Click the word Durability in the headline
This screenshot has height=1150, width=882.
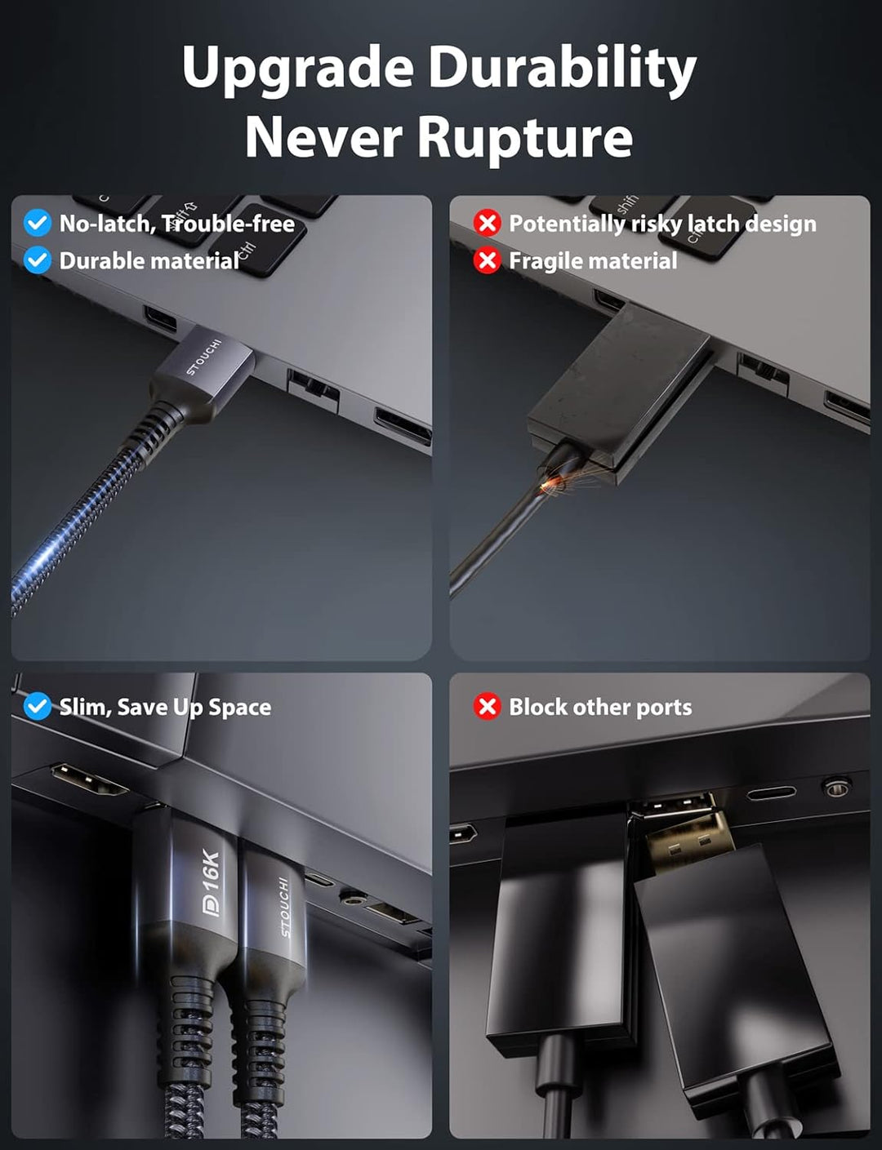(562, 69)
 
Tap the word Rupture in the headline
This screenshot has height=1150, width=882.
(525, 136)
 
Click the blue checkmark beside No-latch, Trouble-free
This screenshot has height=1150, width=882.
(38, 223)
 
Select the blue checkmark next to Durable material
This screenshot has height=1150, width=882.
(38, 260)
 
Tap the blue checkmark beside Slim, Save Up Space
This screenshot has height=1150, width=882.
(38, 707)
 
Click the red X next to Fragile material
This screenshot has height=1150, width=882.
(487, 260)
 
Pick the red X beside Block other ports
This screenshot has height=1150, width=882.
(487, 707)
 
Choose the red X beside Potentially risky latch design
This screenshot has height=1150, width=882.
(487, 223)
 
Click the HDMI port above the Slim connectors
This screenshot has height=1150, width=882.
(89, 779)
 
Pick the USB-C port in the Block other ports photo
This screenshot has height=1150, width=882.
(772, 793)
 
